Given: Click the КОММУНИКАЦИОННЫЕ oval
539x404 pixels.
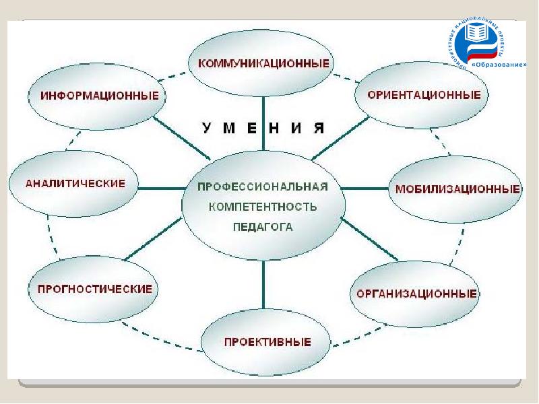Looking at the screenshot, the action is (x=264, y=64).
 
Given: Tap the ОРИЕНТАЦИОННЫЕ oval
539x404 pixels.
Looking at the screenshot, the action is (x=423, y=95).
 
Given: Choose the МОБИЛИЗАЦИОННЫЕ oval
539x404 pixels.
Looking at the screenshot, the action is (x=457, y=189).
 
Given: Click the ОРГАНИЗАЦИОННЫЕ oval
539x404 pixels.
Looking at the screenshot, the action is (x=416, y=294).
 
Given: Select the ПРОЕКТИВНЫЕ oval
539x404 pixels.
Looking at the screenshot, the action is (x=267, y=341).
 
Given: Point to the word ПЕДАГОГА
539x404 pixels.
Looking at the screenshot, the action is (x=263, y=227).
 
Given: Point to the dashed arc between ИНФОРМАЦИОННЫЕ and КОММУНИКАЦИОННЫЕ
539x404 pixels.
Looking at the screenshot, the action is (x=177, y=75).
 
